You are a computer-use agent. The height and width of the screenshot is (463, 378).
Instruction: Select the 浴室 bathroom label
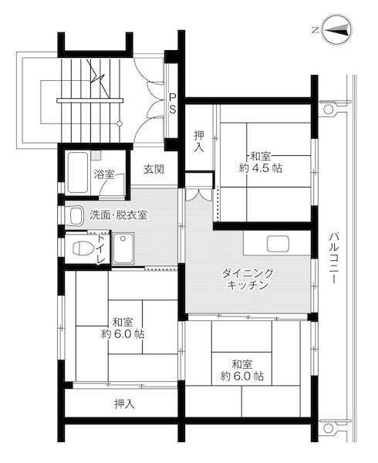104,174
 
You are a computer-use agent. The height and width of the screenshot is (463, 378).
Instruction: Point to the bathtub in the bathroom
77,173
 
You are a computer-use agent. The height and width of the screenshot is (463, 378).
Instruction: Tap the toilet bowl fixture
79,248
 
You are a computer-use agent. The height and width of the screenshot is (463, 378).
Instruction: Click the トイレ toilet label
100,248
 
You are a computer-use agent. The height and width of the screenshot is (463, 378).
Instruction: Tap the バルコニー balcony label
333,258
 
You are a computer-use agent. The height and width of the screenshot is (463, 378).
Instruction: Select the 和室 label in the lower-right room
241,363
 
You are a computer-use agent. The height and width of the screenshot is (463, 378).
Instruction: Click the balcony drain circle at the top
328,110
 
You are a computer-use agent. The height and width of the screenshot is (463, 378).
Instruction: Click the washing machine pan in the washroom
123,248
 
